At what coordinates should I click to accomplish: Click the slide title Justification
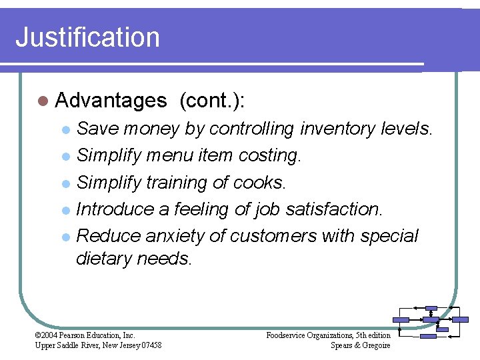(x=87, y=37)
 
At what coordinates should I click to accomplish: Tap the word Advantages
(x=111, y=101)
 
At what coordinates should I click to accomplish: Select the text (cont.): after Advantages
(x=211, y=101)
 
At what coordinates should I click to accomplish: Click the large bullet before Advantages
(x=43, y=101)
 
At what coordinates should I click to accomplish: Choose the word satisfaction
(x=335, y=209)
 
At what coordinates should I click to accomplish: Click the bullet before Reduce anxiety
(x=65, y=237)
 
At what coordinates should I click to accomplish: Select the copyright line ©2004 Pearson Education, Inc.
(x=85, y=335)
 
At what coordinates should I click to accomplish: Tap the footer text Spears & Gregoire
(x=361, y=345)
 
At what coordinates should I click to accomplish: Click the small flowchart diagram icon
(x=431, y=322)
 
